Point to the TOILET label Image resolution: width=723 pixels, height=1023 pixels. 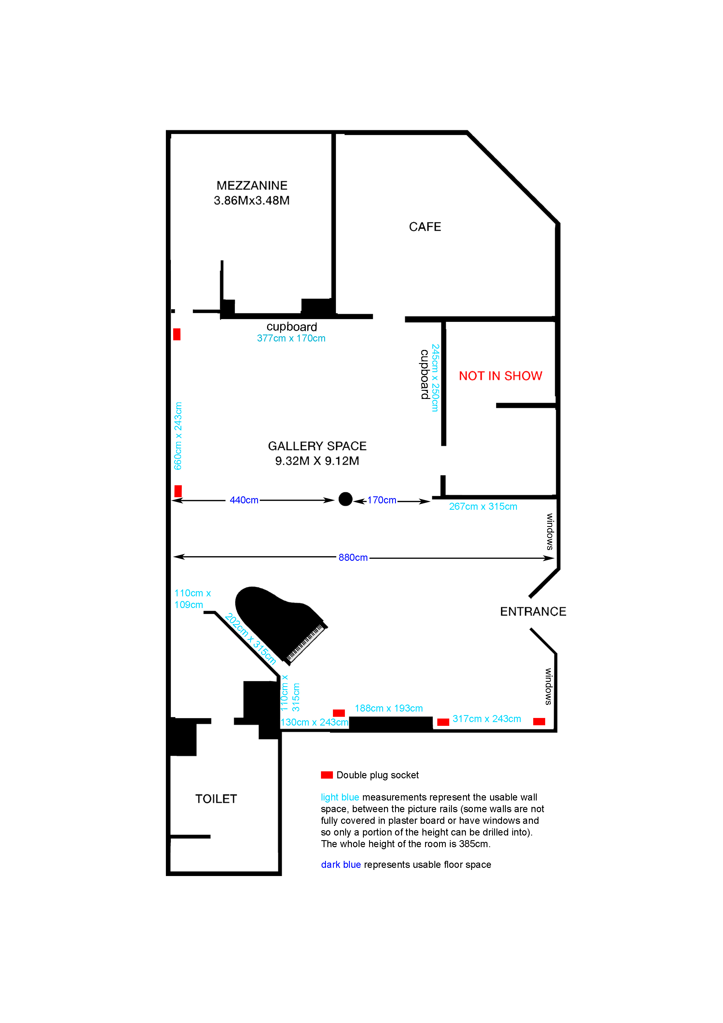216,799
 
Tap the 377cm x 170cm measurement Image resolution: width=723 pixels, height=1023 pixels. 291,338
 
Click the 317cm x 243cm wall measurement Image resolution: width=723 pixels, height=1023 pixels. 487,719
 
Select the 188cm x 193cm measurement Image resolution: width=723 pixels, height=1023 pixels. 388,708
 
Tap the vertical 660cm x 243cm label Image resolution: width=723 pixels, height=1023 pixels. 178,436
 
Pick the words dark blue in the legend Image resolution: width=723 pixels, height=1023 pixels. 341,864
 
